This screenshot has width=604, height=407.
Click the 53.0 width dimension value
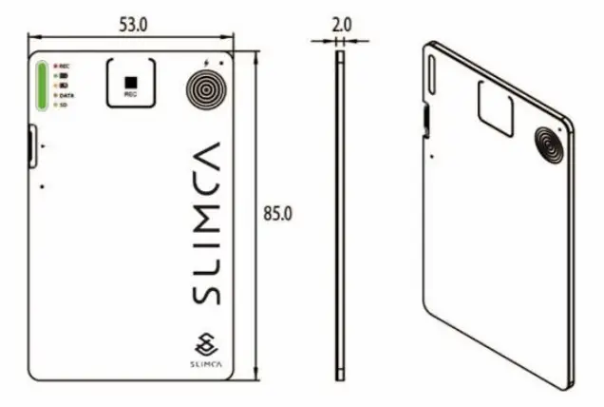pyautogui.click(x=132, y=25)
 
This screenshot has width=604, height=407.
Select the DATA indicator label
pyautogui.click(x=67, y=97)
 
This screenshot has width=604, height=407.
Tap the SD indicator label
pyautogui.click(x=64, y=106)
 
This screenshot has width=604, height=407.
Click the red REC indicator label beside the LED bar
pyautogui.click(x=65, y=66)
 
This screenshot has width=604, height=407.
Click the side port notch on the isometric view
pyautogui.click(x=425, y=120)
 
